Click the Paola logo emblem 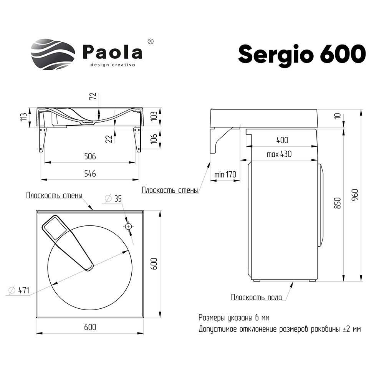coord(53,55)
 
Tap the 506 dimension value coord(90,156)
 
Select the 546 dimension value coord(90,174)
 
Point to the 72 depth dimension coord(93,96)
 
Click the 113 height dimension coord(23,117)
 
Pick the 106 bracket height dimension coord(154,139)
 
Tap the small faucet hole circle coord(128,227)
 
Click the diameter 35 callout coord(113,199)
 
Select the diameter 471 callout coord(19,290)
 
